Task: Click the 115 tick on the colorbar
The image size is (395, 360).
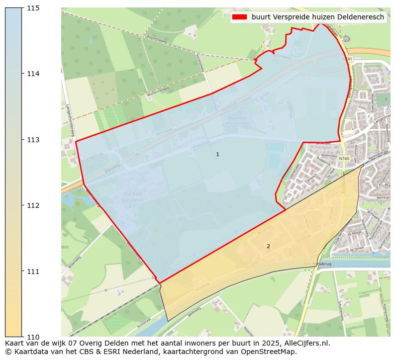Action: (x=23, y=8)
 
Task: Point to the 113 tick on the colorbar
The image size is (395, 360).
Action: (x=23, y=140)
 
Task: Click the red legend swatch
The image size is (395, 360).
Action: (x=239, y=17)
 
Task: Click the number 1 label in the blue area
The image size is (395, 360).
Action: (x=217, y=155)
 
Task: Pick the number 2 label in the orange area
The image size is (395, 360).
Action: (x=268, y=246)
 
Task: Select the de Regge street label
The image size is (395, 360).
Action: (x=354, y=233)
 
